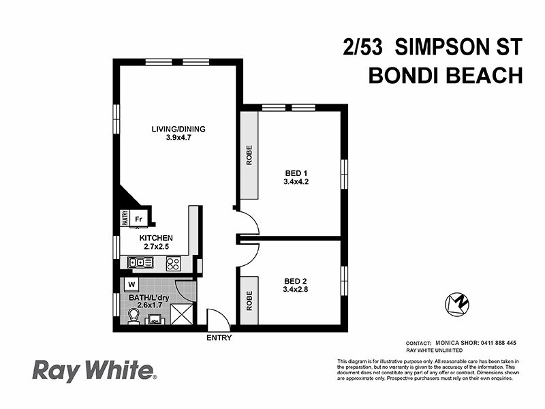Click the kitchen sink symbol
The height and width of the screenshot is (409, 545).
142,262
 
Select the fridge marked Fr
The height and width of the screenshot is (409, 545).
138,219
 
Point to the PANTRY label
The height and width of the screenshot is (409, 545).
125,218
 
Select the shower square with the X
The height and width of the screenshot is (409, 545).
182,315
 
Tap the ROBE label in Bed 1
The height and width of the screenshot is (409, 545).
249,154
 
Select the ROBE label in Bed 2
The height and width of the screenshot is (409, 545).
249,300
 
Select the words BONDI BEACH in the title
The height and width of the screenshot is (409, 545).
445,75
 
